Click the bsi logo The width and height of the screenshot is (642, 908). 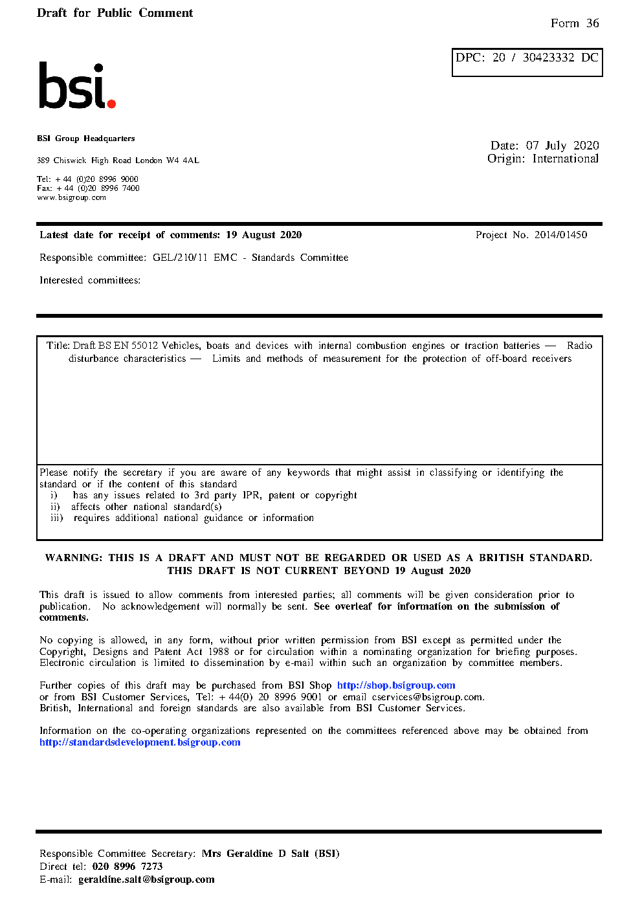coord(76,85)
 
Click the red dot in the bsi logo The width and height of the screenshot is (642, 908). coord(111,104)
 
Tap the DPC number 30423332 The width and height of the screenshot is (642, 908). coord(548,58)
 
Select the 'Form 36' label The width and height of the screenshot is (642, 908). coord(575,23)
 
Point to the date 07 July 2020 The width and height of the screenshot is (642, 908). coord(562,146)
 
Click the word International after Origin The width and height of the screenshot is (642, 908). coord(565,159)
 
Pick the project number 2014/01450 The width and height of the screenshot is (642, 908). coord(560,235)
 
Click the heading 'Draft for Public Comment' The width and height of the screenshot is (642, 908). coord(115,13)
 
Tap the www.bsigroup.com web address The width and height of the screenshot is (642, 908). coord(71,197)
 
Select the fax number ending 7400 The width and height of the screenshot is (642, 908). coord(98,188)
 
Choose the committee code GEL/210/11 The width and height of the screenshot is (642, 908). coord(180,258)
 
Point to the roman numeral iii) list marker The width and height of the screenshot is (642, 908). coord(57,518)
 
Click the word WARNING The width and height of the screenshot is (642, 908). coord(73,558)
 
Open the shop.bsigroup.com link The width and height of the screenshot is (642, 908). coord(396,685)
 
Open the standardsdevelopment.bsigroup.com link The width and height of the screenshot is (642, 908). coord(140,742)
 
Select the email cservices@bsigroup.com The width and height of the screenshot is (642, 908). coord(427,697)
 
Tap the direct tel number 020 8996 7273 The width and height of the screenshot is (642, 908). coord(127,867)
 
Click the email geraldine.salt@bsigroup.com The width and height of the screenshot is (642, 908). coord(146,880)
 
